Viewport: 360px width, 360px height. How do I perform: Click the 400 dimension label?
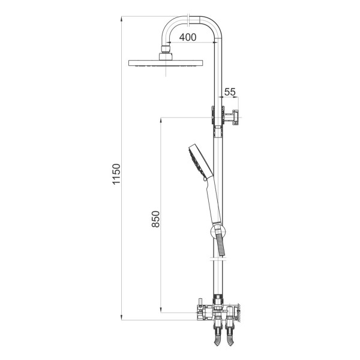(188, 37)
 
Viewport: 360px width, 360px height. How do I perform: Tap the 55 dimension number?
(230, 92)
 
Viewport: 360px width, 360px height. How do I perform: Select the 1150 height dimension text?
(116, 174)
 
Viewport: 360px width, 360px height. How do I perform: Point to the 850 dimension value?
(155, 219)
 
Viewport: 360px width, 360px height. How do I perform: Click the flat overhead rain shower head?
(166, 63)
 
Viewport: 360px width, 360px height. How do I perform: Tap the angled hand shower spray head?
(200, 161)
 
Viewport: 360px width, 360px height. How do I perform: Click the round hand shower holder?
(218, 231)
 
